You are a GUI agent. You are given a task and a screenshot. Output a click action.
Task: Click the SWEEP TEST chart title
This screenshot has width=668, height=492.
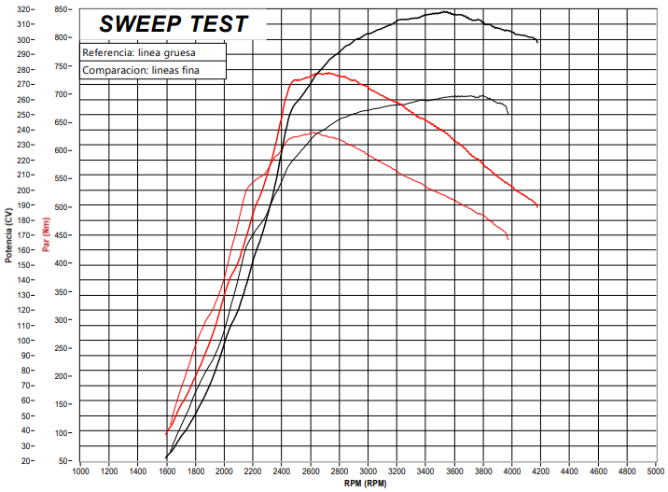[x=174, y=24]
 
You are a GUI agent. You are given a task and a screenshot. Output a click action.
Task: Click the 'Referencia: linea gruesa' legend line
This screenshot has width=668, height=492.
[x=138, y=52]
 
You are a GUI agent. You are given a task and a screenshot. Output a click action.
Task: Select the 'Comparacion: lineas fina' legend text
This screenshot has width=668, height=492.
[x=141, y=70]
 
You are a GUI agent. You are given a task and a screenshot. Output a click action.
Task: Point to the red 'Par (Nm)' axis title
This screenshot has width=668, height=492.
[x=45, y=235]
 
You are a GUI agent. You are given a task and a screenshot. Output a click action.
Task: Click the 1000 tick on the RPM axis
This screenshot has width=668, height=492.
[x=80, y=471]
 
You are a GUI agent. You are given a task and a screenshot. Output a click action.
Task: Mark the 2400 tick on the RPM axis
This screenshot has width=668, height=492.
[x=282, y=471]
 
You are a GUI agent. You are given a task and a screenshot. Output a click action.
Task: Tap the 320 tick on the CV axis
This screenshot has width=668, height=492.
[x=24, y=9]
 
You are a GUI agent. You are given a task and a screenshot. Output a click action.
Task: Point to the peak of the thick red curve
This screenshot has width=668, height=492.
[x=327, y=72]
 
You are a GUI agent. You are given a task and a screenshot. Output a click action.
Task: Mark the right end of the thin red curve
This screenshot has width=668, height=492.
[x=508, y=240]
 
